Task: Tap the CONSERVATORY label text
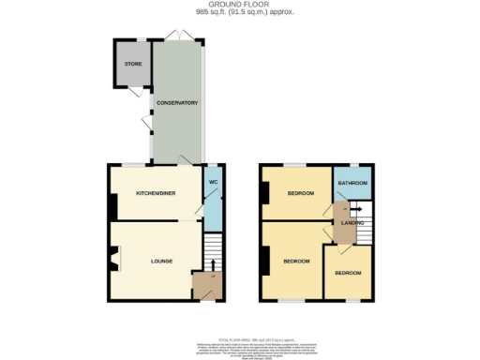pos(177,102)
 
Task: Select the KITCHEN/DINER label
pos(156,193)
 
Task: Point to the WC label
pos(213,180)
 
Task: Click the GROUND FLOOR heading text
pos(241,5)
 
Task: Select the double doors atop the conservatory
pos(177,36)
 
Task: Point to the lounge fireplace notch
pos(112,259)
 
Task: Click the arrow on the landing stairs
pos(357,210)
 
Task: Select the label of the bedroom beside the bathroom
pos(300,194)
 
